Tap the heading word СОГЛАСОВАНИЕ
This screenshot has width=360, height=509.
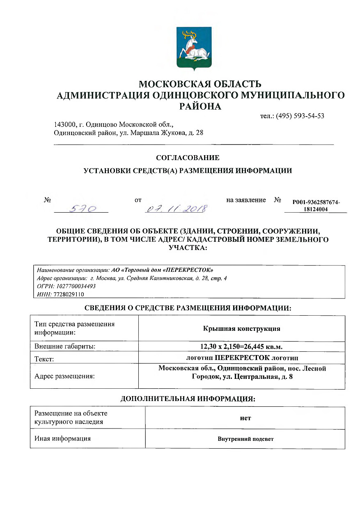(x=188, y=158)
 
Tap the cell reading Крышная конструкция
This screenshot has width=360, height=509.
(x=242, y=329)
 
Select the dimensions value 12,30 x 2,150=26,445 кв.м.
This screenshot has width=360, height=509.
(x=242, y=347)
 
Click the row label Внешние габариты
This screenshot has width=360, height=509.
(x=65, y=347)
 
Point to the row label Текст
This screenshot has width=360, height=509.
(x=45, y=359)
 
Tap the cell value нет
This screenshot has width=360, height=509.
(x=245, y=418)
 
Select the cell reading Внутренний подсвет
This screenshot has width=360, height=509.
(x=245, y=439)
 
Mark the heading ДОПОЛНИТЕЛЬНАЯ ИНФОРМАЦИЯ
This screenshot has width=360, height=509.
(x=188, y=399)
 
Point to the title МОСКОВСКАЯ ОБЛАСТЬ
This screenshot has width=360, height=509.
(x=200, y=85)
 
